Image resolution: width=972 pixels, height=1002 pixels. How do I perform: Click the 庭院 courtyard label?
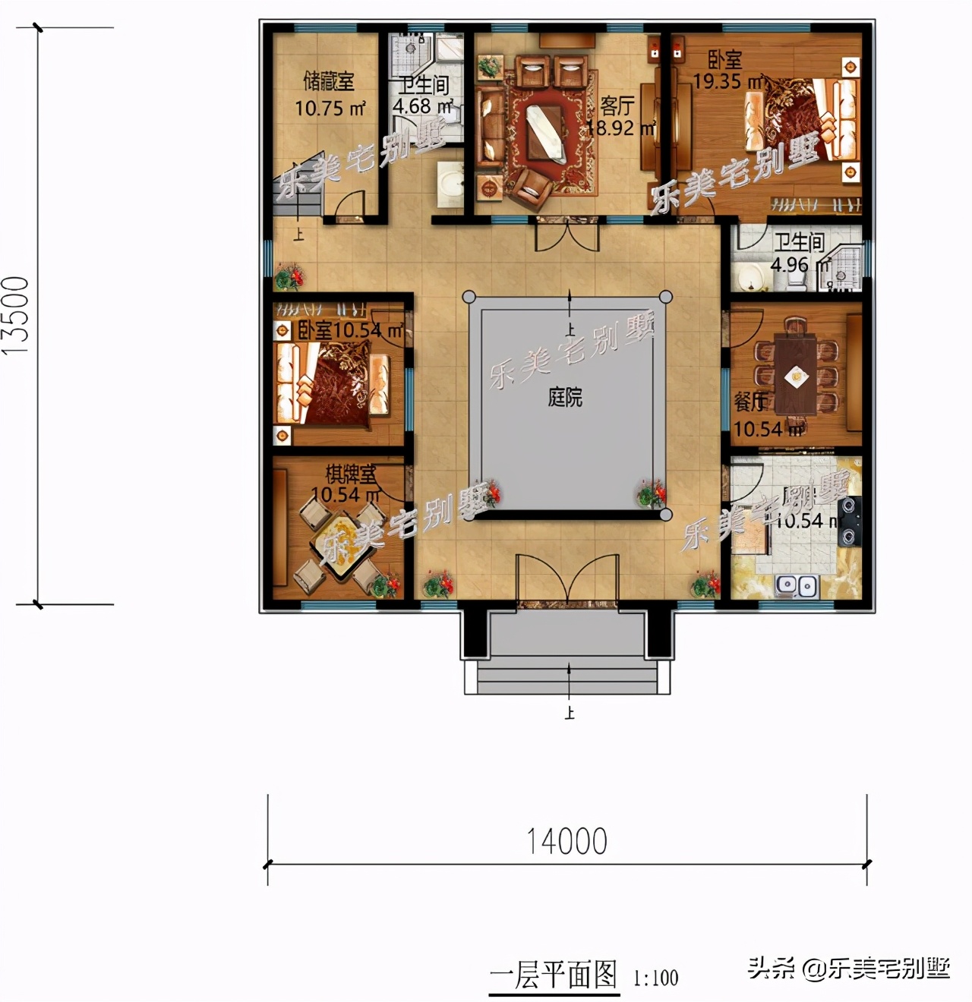click(565, 397)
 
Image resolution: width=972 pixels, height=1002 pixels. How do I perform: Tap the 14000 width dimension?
click(567, 841)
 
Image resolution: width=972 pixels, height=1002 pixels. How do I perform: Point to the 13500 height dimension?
click(17, 315)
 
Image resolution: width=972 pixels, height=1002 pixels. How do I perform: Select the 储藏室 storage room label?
click(329, 80)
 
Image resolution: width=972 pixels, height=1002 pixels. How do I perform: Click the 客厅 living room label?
click(617, 106)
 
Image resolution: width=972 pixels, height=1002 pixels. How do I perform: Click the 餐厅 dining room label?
click(750, 402)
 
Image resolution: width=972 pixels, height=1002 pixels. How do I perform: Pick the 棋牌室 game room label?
click(351, 474)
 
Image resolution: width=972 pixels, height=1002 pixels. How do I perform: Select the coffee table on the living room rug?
click(546, 134)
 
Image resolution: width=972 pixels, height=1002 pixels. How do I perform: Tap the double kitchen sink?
click(796, 585)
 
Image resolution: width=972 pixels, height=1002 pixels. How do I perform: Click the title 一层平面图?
click(554, 975)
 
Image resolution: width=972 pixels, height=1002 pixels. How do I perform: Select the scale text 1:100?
click(656, 978)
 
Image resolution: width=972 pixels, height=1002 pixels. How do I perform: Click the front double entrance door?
click(566, 581)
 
